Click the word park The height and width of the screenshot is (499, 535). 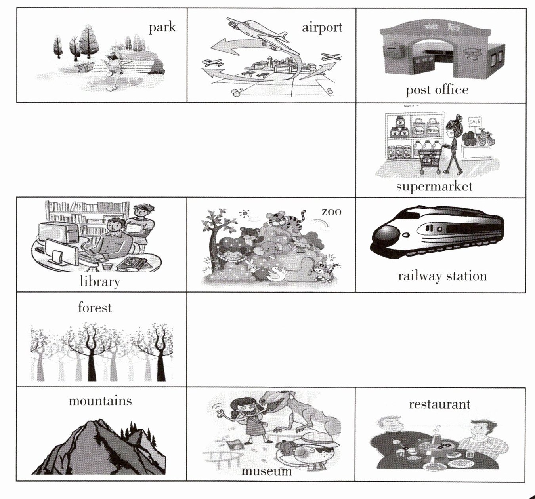pyautogui.click(x=162, y=27)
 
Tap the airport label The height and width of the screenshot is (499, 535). pyautogui.click(x=322, y=28)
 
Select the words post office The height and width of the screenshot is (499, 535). pyautogui.click(x=437, y=90)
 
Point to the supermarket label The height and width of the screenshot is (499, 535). pyautogui.click(x=434, y=187)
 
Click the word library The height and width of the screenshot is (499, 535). pyautogui.click(x=100, y=282)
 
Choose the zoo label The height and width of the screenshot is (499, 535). pyautogui.click(x=331, y=212)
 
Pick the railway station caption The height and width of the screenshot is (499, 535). pyautogui.click(x=442, y=276)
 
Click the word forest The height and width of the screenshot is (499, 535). pyautogui.click(x=95, y=308)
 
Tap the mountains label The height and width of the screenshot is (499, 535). pyautogui.click(x=100, y=401)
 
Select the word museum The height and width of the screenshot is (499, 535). pyautogui.click(x=267, y=471)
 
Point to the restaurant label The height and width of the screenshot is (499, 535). pyautogui.click(x=439, y=404)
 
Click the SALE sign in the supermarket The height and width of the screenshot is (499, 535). pyautogui.click(x=475, y=122)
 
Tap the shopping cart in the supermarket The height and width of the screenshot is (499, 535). pyautogui.click(x=430, y=161)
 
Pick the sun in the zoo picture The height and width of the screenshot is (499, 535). pyautogui.click(x=245, y=214)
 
